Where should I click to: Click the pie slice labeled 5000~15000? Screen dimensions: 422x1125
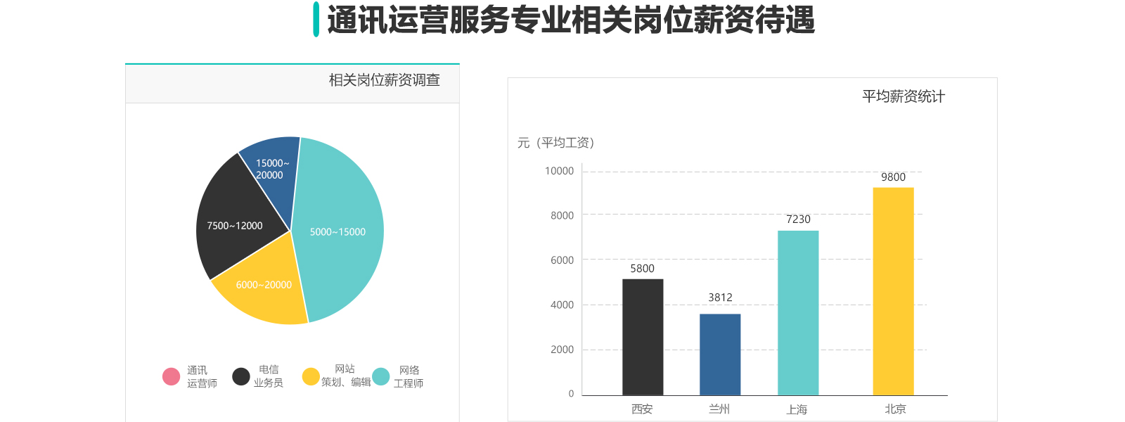tap(341, 232)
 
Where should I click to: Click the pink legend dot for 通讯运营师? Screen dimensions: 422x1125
tap(171, 377)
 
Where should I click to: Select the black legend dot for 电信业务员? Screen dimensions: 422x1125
tap(241, 377)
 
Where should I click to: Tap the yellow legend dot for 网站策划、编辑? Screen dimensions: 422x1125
tap(311, 377)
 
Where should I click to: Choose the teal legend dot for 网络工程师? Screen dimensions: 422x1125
tap(380, 377)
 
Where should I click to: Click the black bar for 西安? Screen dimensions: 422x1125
tap(643, 337)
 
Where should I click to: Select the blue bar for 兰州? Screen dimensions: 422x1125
tap(720, 354)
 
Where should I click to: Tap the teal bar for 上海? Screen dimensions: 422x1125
tap(798, 313)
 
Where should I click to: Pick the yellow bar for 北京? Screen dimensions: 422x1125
tap(893, 291)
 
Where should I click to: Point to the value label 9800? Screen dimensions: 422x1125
tap(893, 177)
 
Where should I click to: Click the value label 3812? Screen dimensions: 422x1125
tap(720, 298)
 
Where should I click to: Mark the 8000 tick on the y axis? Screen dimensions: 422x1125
tap(562, 216)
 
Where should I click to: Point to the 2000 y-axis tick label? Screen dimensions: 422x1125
tap(562, 350)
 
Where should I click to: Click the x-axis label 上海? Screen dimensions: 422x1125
tap(797, 409)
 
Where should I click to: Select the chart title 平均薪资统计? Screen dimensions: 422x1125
tap(904, 96)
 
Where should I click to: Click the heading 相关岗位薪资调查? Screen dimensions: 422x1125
tap(384, 80)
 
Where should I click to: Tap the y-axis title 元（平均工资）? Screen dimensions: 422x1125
tap(556, 143)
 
